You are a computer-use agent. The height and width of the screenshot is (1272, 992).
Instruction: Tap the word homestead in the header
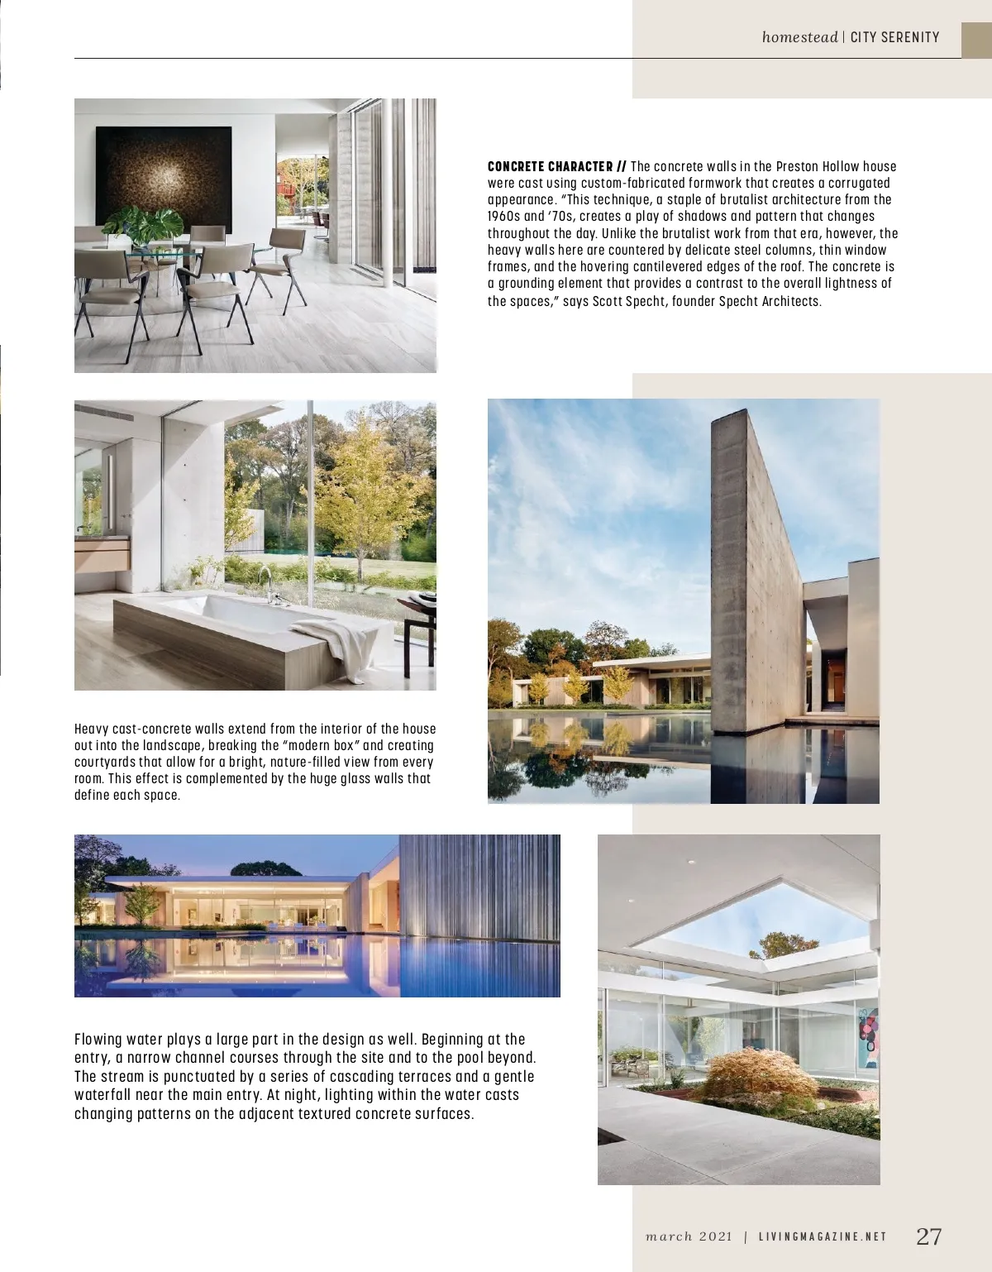[x=799, y=37]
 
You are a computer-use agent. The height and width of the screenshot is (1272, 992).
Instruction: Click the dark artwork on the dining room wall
[x=163, y=180]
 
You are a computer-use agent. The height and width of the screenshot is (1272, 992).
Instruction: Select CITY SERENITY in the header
[x=894, y=37]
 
